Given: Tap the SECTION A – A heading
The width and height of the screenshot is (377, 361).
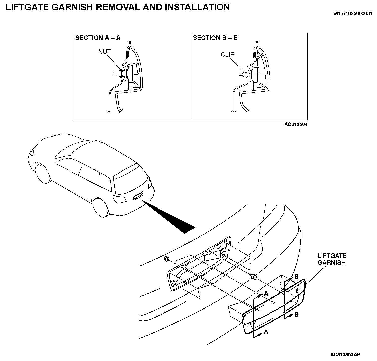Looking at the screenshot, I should click(98, 38).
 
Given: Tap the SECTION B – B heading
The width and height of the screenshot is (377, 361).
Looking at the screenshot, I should click(215, 38).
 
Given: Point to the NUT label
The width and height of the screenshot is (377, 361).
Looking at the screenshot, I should click(104, 52).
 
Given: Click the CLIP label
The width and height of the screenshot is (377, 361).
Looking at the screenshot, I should click(228, 55).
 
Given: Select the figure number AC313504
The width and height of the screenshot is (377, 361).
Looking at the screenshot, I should click(296, 124).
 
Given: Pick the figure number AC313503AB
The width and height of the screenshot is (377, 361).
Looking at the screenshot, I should click(345, 355).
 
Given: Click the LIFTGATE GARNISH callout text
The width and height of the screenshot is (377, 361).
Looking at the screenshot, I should click(332, 259).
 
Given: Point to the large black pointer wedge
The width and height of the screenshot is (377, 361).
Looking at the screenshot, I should click(173, 218).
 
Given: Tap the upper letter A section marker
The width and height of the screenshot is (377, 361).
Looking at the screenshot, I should click(266, 293).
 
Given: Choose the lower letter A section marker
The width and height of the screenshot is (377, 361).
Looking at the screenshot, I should click(266, 332).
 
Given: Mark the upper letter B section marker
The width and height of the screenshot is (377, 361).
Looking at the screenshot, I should click(296, 277).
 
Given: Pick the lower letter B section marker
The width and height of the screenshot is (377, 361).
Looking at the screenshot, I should click(296, 314).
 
